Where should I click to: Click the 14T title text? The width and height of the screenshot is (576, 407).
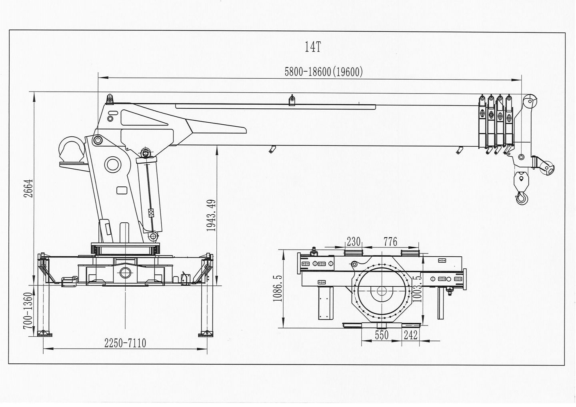(313, 47)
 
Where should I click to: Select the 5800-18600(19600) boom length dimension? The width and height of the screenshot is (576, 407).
(324, 72)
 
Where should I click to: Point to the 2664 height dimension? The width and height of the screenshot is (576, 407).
(28, 188)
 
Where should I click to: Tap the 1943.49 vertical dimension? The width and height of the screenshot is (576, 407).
(211, 215)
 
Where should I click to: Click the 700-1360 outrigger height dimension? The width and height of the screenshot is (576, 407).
(28, 310)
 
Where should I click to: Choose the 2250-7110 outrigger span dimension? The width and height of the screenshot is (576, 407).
(125, 343)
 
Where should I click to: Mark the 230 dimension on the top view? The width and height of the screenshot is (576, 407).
(354, 241)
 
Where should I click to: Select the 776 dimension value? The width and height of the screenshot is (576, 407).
(390, 241)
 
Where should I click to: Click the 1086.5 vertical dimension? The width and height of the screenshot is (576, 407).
(278, 288)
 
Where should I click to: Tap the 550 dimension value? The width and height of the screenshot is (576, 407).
(382, 335)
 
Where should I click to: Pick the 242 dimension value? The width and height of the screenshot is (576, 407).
(410, 335)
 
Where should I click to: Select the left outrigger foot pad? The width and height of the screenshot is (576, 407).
(44, 333)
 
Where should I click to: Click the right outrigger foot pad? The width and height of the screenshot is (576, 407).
(206, 333)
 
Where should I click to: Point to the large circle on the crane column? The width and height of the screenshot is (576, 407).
(113, 164)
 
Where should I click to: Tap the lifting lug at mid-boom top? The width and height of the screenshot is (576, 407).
(292, 100)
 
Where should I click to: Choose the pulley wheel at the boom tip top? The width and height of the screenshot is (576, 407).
(530, 102)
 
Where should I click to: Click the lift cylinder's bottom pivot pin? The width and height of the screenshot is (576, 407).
(153, 236)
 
